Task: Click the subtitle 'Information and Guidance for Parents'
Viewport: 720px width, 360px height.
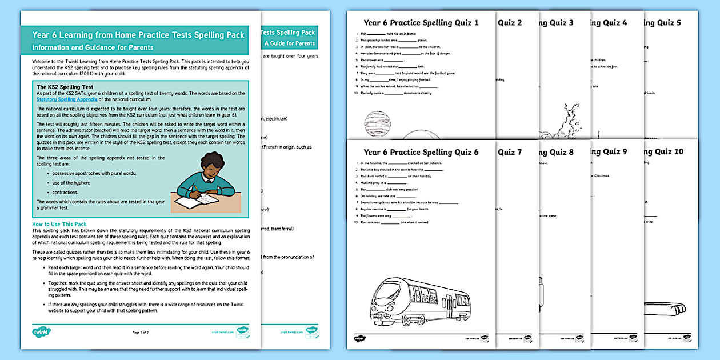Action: tap(93, 47)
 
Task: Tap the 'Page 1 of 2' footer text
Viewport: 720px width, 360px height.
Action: tap(140, 332)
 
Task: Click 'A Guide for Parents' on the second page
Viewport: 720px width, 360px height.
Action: tap(289, 43)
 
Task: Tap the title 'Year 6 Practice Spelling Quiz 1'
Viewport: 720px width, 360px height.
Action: tap(421, 23)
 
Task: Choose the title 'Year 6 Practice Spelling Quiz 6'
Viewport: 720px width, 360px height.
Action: tap(421, 152)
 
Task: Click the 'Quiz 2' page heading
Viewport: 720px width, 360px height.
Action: tap(510, 23)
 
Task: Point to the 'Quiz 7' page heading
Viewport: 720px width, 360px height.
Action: tap(510, 152)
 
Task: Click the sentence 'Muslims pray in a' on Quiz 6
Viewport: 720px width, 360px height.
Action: tap(379, 183)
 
